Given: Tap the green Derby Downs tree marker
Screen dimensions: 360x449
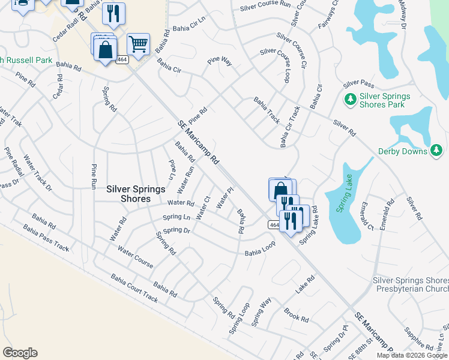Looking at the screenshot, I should point(438,150).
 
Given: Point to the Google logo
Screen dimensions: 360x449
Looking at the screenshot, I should point(20,353).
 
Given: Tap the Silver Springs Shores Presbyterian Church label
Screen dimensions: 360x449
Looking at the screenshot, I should point(411,284).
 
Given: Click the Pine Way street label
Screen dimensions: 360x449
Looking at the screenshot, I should point(219,61).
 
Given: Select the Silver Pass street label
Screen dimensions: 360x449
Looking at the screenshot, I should point(358,83).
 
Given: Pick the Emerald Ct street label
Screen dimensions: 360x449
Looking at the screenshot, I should point(367,215).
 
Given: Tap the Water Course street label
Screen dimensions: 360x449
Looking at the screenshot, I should point(135,257).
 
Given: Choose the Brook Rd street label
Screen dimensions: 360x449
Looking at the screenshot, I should point(296,314).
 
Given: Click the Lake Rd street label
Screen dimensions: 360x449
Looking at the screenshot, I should point(305,284).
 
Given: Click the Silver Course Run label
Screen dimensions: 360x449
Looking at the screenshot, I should point(265,7).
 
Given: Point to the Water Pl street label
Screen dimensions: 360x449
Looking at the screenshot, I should point(224,199).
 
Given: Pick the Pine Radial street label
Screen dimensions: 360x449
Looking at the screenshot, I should point(14,161).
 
